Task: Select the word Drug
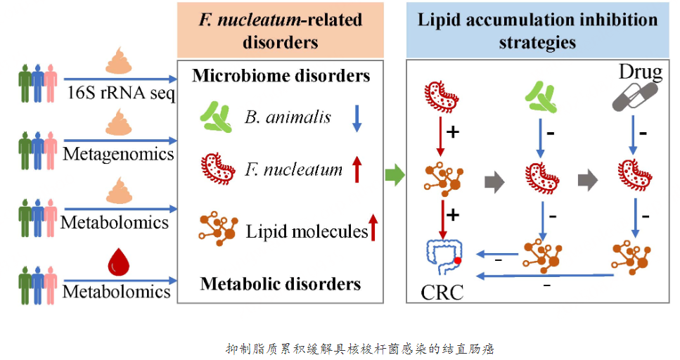point(640,72)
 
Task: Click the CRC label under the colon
point(442,291)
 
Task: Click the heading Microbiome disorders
point(281,75)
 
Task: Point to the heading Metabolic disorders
point(281,283)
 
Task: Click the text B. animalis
point(288,117)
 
